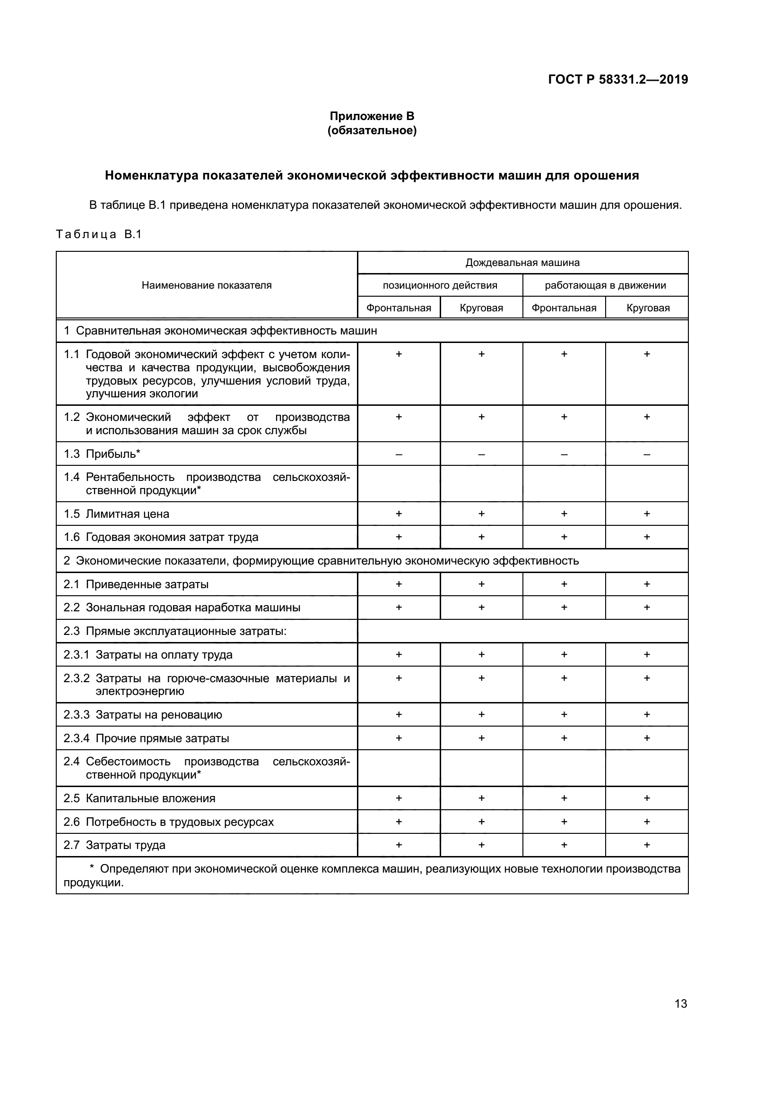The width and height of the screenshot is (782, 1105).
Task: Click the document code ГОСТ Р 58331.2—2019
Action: (618, 79)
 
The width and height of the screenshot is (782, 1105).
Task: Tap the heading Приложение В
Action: (372, 116)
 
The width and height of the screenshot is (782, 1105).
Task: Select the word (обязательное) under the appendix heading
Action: (372, 130)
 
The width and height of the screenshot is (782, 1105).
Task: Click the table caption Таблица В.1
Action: (99, 234)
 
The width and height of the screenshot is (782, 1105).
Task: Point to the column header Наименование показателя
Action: (207, 285)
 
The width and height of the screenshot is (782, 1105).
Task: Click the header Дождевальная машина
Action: (522, 263)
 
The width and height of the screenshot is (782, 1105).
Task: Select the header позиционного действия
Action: (440, 285)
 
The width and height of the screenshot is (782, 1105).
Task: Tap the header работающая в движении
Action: (605, 285)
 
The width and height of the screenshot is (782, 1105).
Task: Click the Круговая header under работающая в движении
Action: (648, 308)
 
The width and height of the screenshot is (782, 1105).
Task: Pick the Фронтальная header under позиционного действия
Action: (399, 308)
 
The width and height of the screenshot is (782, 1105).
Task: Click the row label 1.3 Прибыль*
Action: (102, 454)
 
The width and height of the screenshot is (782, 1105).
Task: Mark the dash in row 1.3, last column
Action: (647, 454)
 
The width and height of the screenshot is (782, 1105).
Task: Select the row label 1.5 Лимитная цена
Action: (116, 514)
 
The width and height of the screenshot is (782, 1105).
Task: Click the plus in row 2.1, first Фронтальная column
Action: (399, 584)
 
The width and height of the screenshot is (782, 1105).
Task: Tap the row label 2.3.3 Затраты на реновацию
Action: (143, 715)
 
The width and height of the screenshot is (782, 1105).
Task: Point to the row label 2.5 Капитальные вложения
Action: (139, 798)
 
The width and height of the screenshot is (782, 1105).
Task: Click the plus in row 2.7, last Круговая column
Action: (647, 845)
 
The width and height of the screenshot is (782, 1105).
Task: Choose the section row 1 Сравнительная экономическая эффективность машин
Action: (220, 331)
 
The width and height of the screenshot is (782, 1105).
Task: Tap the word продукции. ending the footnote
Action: (94, 883)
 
